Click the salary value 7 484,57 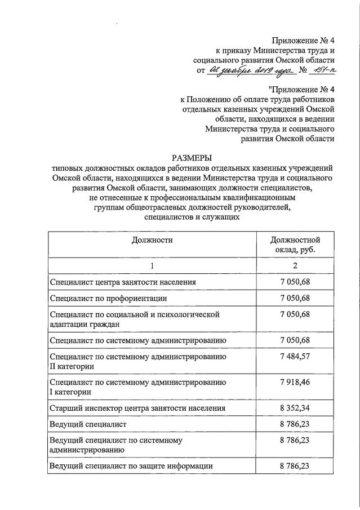click(295, 356)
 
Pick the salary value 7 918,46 click(295, 382)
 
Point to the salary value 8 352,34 click(295, 408)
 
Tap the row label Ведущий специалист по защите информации click(131, 466)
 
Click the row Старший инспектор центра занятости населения click(137, 408)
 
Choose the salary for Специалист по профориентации click(295, 297)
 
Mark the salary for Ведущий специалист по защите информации click(295, 466)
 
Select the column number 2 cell click(295, 265)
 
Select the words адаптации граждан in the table click(84, 324)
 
